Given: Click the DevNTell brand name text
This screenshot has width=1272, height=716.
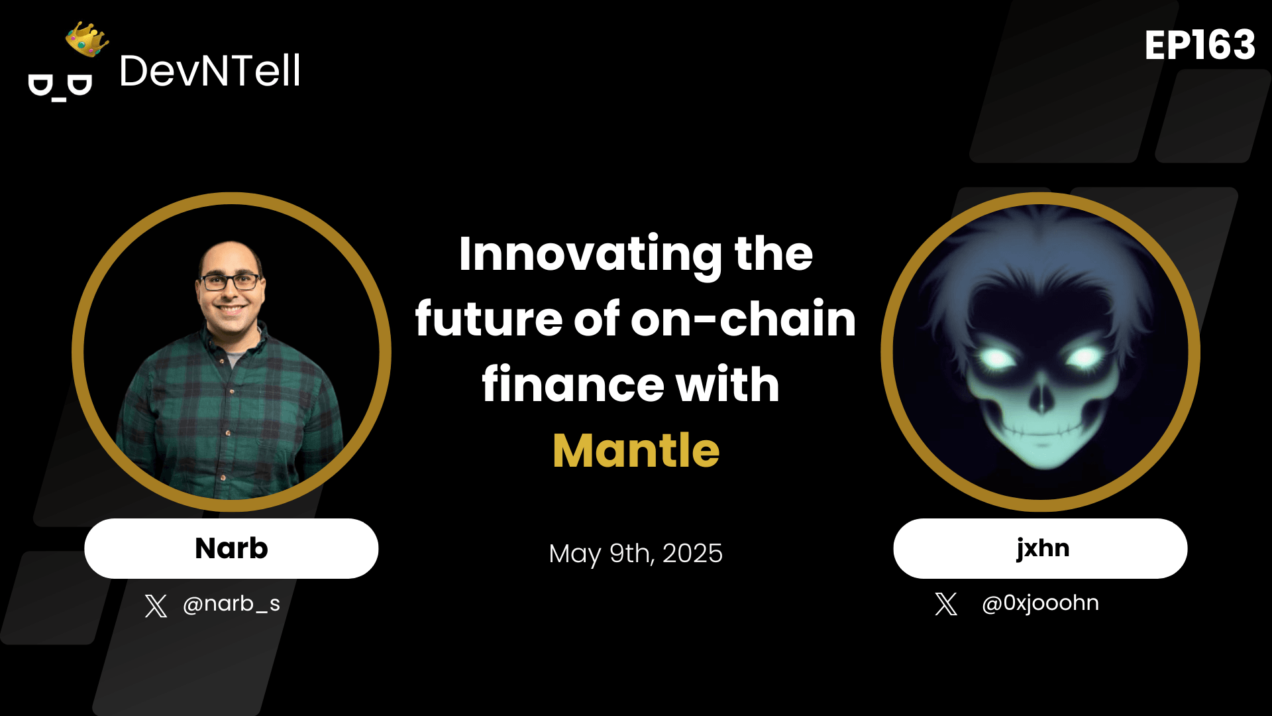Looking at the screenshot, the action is click(209, 71).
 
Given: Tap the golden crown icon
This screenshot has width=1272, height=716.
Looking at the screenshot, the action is click(87, 39).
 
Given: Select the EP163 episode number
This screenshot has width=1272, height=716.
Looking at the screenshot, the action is click(1200, 46).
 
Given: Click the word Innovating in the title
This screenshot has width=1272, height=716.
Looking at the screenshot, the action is click(590, 254).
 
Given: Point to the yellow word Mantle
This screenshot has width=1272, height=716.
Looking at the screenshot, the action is click(636, 451).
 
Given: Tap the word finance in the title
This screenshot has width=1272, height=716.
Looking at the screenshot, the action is click(573, 384).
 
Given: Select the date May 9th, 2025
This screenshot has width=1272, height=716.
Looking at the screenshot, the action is click(636, 553).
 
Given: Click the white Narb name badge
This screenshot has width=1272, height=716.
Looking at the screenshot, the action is click(231, 548).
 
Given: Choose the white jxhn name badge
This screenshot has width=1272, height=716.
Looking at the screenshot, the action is click(1040, 548).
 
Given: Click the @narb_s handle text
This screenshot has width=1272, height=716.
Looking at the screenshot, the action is click(231, 603).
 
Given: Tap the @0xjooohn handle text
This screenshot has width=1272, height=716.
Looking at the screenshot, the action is click(1040, 603).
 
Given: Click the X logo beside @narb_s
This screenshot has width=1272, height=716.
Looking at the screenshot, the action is click(156, 606).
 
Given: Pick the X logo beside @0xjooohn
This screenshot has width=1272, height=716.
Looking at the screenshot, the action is click(946, 604).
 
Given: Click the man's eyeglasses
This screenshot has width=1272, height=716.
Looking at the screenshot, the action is click(230, 282).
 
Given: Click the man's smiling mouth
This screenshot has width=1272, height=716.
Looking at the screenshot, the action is click(231, 310).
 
